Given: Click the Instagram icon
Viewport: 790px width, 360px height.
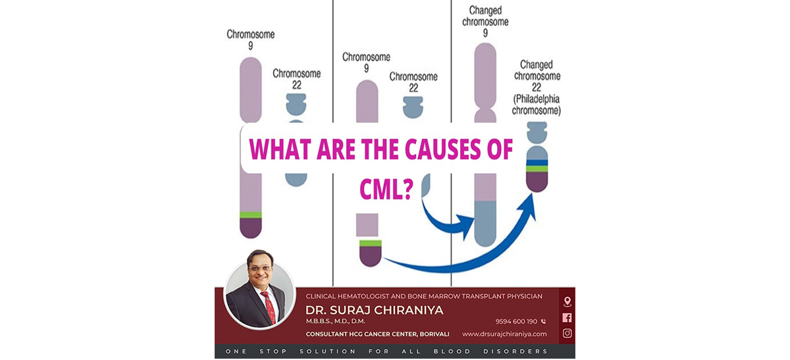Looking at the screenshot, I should coord(567,333).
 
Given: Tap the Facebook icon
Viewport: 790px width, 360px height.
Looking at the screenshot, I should coord(567,317).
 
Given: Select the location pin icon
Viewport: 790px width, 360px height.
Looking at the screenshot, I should coord(567,301).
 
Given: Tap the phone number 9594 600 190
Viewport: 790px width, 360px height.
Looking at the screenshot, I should coord(517,321).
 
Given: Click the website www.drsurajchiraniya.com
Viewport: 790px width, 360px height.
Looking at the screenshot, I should coord(504,334).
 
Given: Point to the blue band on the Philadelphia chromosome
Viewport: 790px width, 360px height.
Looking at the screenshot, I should coord(537,161).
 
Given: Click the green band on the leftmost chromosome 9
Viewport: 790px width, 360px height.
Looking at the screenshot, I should coord(251,215).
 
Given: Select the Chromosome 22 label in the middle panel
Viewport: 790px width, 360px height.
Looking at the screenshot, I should coord(413,82).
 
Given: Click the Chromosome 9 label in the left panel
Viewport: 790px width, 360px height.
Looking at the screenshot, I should coord(250,40).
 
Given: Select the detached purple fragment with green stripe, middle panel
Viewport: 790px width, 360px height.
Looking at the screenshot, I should coord(369,253).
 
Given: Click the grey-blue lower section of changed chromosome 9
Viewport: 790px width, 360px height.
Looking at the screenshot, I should coord(485,222).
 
